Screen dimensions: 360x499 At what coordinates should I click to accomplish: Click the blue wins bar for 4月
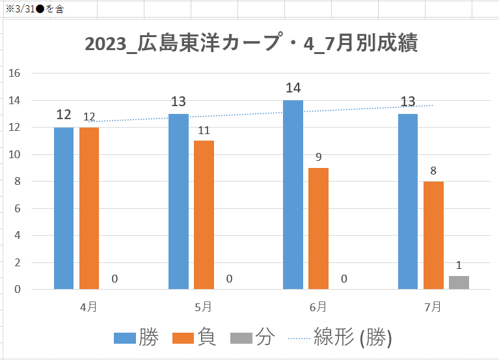point(64,208)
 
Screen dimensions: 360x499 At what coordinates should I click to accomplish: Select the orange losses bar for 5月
point(204,215)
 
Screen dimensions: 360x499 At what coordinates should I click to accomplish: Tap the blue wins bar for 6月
point(293,195)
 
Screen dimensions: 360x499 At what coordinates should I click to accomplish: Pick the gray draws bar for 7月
point(459,283)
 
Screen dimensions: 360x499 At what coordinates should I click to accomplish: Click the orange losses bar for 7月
point(433,235)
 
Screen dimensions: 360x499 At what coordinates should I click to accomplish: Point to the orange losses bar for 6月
point(318,228)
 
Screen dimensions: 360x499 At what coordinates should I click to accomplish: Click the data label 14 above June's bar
point(293,88)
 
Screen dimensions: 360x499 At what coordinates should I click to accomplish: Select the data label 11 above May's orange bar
point(204,130)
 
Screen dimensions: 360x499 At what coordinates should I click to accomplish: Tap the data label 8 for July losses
point(433,171)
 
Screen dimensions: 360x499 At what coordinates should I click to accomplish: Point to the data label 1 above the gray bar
point(459,266)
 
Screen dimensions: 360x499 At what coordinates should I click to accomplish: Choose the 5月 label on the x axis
point(203,305)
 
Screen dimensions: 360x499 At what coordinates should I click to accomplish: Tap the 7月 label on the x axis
point(432,305)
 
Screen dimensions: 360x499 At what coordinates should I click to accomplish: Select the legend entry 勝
point(137,338)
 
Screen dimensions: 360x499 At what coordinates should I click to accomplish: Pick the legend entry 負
point(195,338)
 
